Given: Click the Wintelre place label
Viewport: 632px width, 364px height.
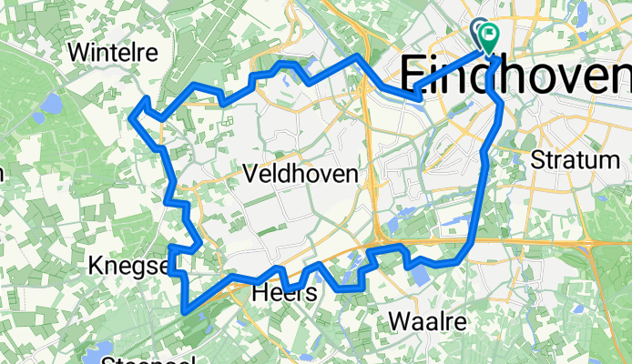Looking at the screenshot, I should pos(113,52).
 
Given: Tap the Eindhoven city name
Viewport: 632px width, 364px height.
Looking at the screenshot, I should pos(515,74).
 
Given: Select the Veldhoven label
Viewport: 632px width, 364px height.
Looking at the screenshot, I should pos(299,174).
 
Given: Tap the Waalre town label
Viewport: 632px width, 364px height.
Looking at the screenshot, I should pos(427,321).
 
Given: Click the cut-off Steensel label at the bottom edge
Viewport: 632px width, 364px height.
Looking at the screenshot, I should pos(146,359).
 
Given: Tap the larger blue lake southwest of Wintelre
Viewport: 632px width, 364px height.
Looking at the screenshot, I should pos(52,104).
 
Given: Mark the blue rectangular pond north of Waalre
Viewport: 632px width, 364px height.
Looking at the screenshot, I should pos(419,274).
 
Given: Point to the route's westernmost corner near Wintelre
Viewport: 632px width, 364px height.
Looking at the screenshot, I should pos(132,116).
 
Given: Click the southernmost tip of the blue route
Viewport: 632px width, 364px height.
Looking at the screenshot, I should pos(185,311).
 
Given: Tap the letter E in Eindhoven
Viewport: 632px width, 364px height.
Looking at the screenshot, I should pos(415,74).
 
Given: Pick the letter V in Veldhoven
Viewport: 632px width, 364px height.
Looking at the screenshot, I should pos(250,174).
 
